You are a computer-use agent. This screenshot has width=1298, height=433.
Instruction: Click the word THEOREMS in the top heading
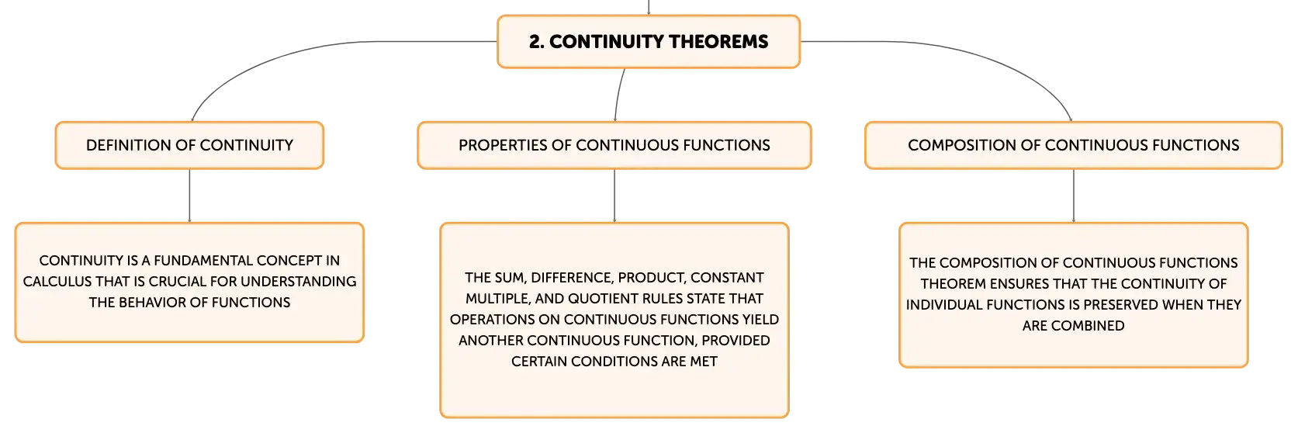tap(718, 42)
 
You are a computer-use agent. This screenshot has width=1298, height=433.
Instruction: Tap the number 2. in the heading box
tap(537, 42)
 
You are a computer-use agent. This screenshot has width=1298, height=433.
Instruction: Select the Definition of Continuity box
tap(189, 145)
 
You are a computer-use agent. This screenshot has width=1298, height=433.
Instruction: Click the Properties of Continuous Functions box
tap(614, 145)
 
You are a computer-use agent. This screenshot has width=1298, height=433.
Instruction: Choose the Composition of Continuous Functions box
tap(1073, 145)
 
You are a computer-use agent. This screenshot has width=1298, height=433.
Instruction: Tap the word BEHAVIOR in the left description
tap(157, 303)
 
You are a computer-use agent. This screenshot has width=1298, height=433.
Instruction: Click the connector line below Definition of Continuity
tap(189, 196)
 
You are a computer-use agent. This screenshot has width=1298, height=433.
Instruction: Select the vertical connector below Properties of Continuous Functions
tap(614, 196)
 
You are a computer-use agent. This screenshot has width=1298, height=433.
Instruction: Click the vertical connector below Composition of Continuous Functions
tap(1073, 196)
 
